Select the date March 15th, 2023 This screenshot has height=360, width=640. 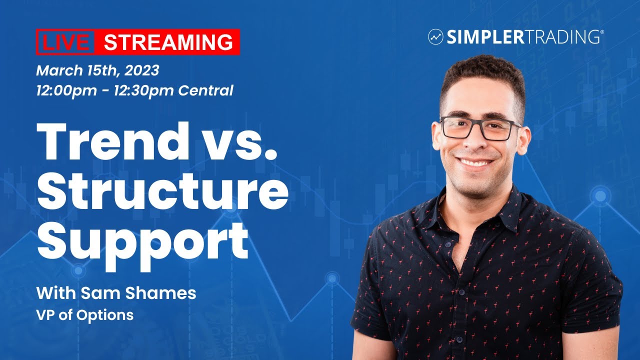tap(97, 70)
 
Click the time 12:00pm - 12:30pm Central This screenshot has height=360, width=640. tap(134, 91)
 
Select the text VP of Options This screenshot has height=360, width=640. tap(85, 315)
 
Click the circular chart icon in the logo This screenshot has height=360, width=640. tap(435, 36)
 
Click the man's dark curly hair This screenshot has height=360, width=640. tap(482, 75)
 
